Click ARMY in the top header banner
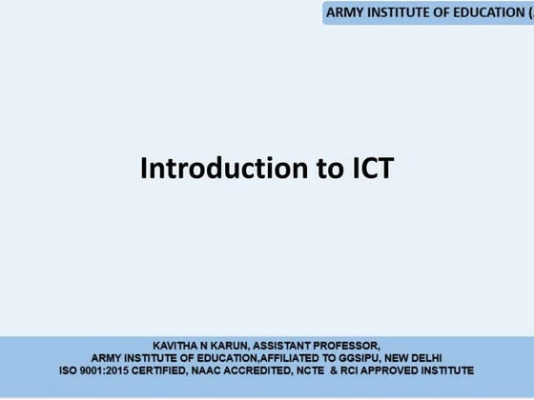point(345,12)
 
